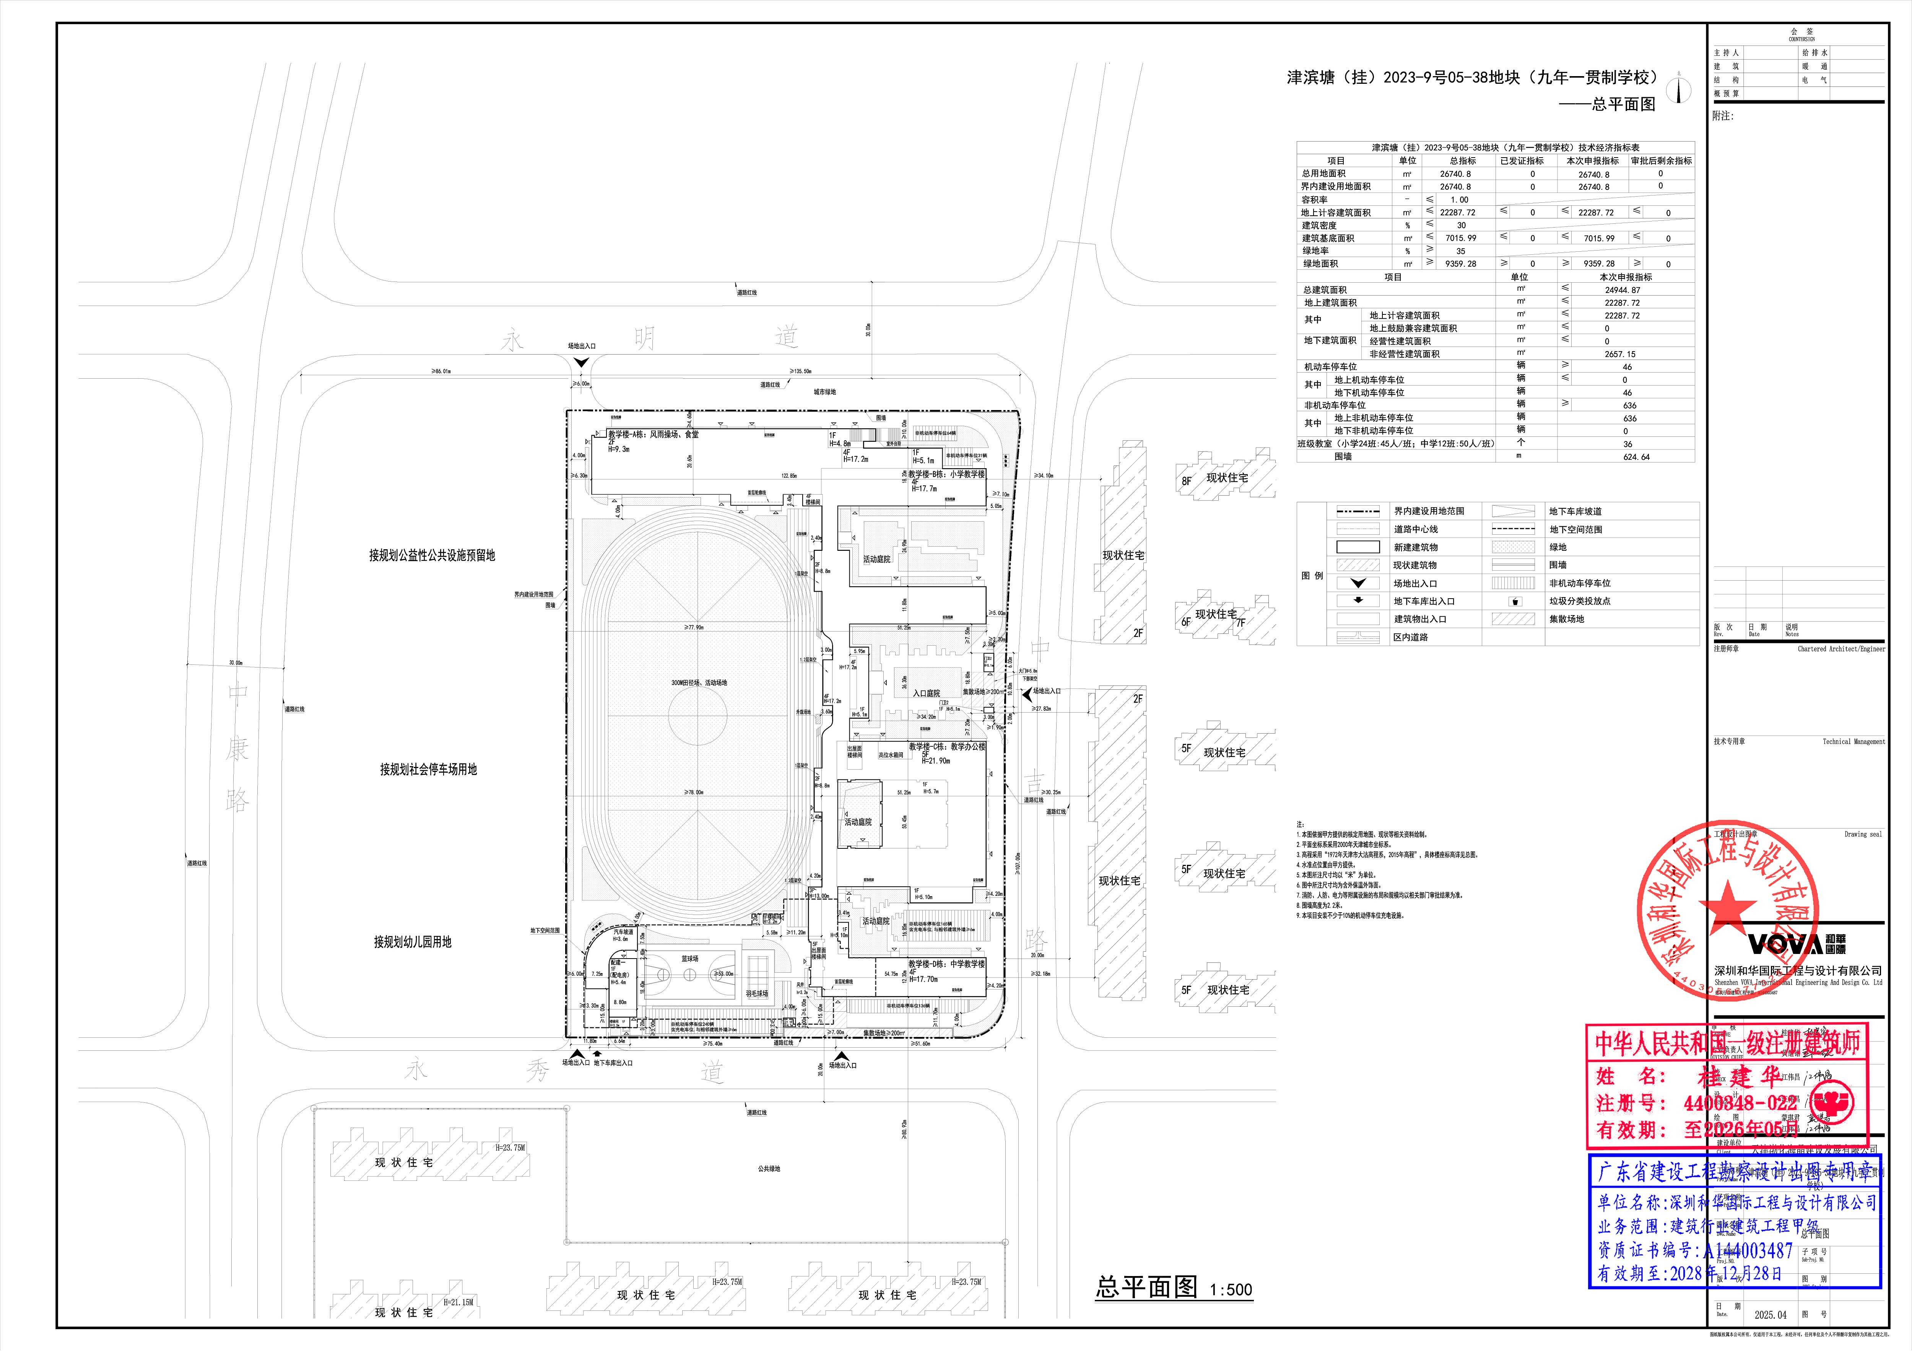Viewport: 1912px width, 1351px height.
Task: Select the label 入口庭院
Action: point(926,693)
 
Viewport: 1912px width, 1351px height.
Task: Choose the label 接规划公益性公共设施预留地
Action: point(431,555)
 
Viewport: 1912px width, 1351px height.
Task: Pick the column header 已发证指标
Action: point(1522,161)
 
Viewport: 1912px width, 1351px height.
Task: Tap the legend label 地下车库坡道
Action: point(1575,511)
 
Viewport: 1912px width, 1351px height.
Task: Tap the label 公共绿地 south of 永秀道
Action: point(769,1169)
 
